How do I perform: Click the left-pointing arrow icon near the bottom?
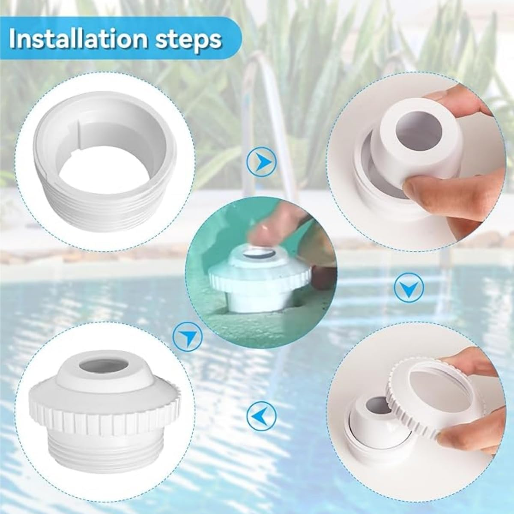click(x=261, y=415)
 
